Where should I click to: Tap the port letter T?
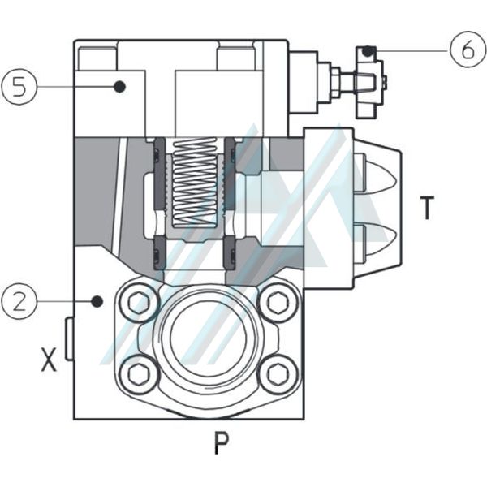pos(427,208)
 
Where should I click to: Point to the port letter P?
pos(221,442)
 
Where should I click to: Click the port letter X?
pos(50,360)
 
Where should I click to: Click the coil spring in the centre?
pos(196,182)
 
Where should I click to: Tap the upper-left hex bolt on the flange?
pos(139,303)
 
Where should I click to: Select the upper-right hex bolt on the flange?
pos(278,303)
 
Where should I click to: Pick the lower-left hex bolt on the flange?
pos(139,373)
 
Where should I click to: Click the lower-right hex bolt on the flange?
pos(278,373)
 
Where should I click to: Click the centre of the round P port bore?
pos(209,337)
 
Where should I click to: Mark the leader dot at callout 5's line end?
pos(119,86)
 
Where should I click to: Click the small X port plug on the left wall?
pos(70,339)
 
